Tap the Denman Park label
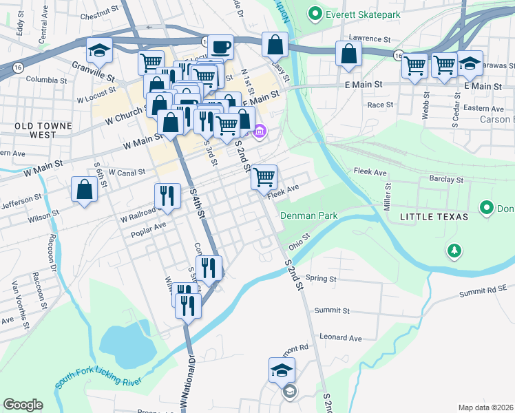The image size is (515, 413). pyautogui.click(x=308, y=215)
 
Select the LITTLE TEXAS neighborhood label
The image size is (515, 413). pyautogui.click(x=434, y=217)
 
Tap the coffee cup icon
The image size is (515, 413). pyautogui.click(x=220, y=47)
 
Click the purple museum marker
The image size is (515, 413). pyautogui.click(x=260, y=131)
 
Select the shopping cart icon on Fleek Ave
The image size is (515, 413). pyautogui.click(x=264, y=177)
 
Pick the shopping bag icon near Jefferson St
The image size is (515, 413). pyautogui.click(x=84, y=191)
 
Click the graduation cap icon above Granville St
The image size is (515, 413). pyautogui.click(x=99, y=50)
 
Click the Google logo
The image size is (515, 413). pyautogui.click(x=22, y=405)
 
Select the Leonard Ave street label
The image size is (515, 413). pyautogui.click(x=340, y=338)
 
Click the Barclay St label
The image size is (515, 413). pyautogui.click(x=446, y=179)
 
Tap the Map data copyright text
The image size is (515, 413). pyautogui.click(x=485, y=407)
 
